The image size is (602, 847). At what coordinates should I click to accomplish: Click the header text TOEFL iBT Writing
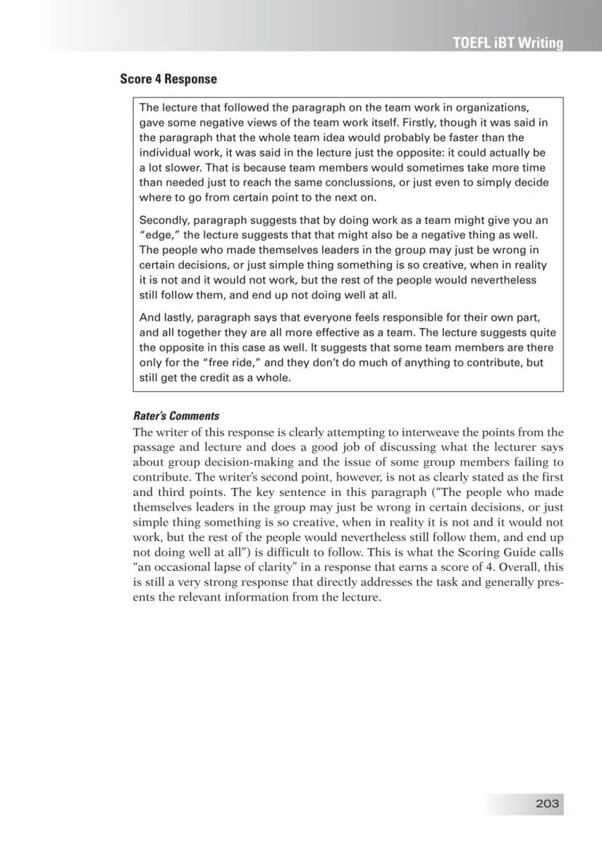(507, 43)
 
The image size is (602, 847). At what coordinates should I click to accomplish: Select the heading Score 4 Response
(168, 79)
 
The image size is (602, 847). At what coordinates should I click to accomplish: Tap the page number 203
(547, 803)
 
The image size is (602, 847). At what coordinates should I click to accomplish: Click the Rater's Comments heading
(176, 417)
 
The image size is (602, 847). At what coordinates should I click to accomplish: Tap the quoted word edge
(158, 236)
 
